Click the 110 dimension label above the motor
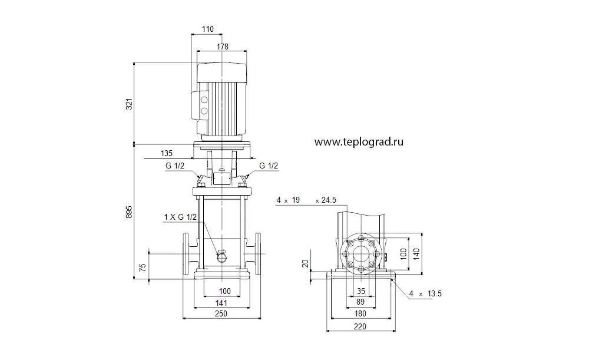(x=208, y=29)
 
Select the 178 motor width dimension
(x=223, y=47)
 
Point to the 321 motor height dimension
(x=130, y=104)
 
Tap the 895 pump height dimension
(x=130, y=212)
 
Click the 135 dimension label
(x=167, y=153)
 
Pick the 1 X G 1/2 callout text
(x=180, y=217)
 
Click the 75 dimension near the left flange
(x=143, y=267)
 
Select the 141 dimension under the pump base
(x=221, y=303)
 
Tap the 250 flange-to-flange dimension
(x=221, y=314)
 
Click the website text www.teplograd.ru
(x=359, y=142)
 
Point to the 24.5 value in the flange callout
(x=329, y=200)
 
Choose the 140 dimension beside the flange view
(x=416, y=254)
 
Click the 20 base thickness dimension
(x=306, y=263)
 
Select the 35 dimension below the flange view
(x=361, y=291)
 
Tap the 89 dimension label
(x=360, y=302)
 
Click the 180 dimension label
(x=360, y=314)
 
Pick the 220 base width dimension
(x=360, y=326)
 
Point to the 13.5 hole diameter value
(x=434, y=293)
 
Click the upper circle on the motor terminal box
(x=204, y=100)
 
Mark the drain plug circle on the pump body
(x=222, y=257)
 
